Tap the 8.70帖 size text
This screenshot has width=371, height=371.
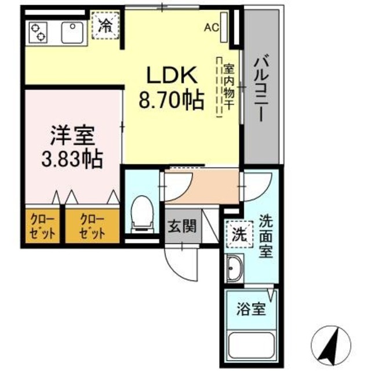coord(170,101)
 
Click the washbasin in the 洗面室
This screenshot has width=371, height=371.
coord(237,270)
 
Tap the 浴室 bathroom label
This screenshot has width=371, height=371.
coord(251,310)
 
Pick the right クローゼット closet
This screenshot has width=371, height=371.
coord(93,228)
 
